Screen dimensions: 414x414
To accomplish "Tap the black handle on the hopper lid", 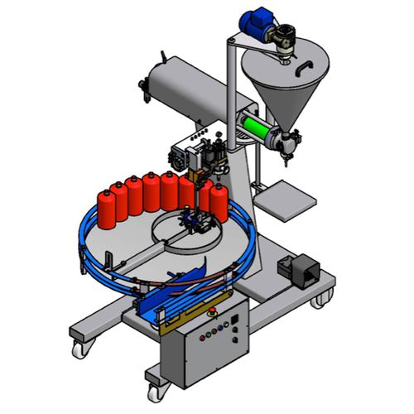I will click(307, 65).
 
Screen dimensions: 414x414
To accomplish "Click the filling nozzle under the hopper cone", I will click(287, 147).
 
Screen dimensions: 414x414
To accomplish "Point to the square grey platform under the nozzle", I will click(286, 199).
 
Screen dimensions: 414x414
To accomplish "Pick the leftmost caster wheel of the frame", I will click(80, 348).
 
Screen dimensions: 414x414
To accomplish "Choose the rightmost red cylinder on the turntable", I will click(218, 203).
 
